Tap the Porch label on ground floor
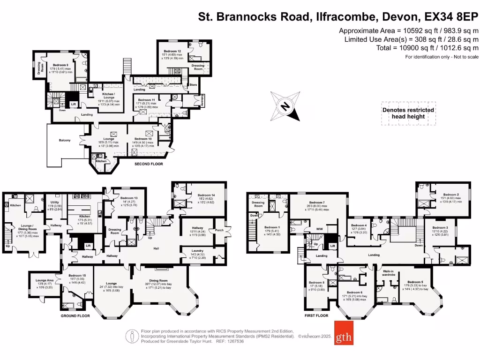(x=219, y=230)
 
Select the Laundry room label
(x=197, y=251)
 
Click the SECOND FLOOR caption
(x=149, y=165)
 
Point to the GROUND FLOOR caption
(x=75, y=316)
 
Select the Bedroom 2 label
(x=451, y=195)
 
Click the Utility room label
(x=55, y=202)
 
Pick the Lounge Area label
(x=45, y=280)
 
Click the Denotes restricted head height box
(x=408, y=113)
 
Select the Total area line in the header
(x=427, y=48)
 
